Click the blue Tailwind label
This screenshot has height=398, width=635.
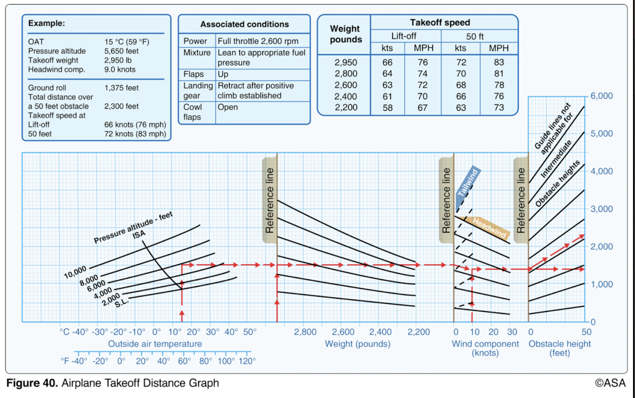pos(468,187)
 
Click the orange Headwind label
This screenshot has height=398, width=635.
pos(489,227)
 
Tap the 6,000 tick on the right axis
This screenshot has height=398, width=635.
pos(601,96)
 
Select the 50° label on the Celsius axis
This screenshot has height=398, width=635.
pos(250,332)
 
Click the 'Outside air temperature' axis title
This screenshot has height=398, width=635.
pos(155,344)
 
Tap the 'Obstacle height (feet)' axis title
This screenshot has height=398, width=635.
pos(559,348)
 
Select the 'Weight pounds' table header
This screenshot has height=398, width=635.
pos(346,35)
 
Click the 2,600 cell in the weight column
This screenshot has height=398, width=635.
pos(346,85)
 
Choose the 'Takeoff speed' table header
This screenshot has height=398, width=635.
pos(440,23)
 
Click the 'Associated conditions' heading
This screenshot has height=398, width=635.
pos(244,24)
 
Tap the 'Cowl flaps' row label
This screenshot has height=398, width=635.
pos(193,112)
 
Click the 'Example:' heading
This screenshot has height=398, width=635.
pos(47,23)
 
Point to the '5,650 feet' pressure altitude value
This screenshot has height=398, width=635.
pos(121,51)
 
